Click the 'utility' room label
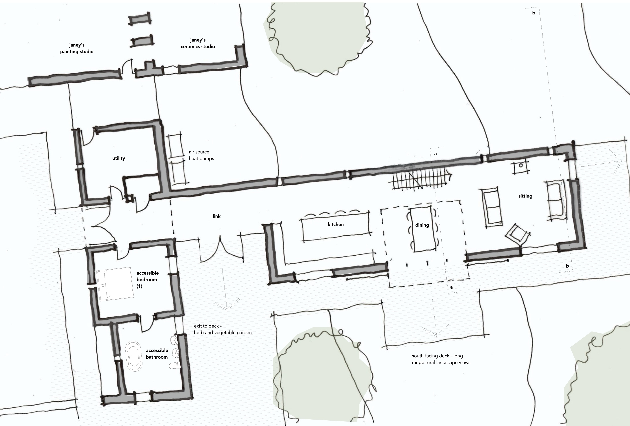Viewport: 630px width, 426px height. (118, 158)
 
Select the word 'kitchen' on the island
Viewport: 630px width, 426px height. (336, 224)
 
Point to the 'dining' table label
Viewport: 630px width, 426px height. (422, 225)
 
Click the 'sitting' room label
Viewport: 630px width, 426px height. (525, 196)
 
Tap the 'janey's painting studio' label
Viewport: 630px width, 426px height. (77, 48)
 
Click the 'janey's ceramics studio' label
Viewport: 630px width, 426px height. (198, 43)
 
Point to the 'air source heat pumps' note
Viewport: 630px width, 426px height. (201, 155)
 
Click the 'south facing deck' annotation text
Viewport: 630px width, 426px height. (441, 359)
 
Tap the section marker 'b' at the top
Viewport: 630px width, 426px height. (534, 13)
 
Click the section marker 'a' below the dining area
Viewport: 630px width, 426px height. (451, 287)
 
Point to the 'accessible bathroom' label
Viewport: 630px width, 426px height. (157, 354)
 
